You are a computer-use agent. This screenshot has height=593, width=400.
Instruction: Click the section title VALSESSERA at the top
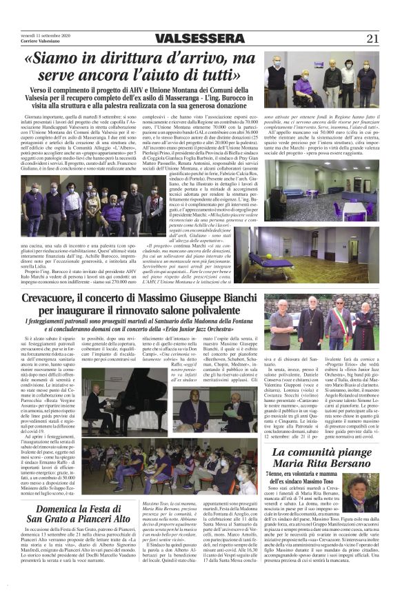200,39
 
